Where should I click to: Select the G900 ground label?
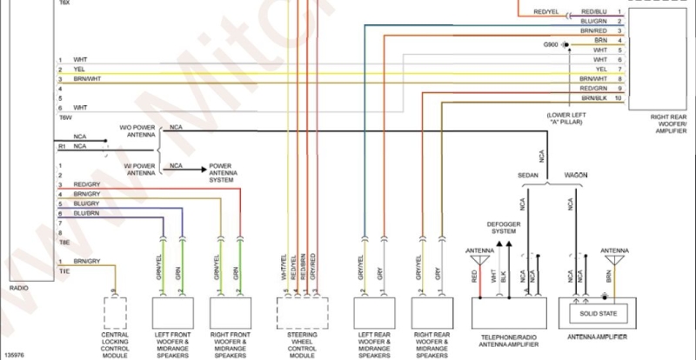click(x=551, y=43)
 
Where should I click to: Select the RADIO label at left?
click(x=18, y=286)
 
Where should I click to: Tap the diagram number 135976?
click(x=15, y=354)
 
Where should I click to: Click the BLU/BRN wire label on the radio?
click(x=86, y=213)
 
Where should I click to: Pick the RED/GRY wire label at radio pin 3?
click(x=87, y=184)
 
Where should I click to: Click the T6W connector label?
click(x=65, y=117)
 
